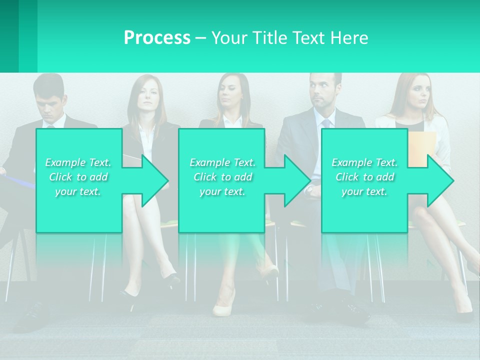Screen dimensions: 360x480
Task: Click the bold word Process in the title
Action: (x=157, y=38)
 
